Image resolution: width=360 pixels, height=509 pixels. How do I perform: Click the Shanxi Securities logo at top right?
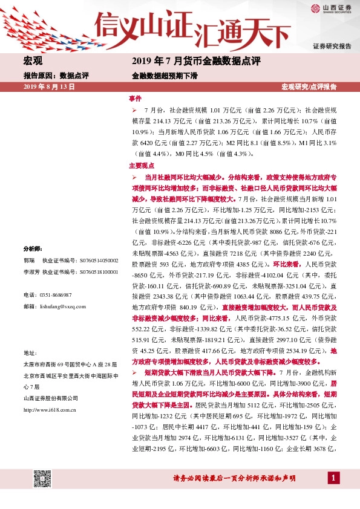(x=330, y=8)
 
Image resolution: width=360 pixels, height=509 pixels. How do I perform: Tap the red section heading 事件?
(x=135, y=98)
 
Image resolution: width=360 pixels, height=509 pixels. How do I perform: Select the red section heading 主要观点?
(x=141, y=165)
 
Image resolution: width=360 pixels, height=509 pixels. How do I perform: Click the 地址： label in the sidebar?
(x=30, y=352)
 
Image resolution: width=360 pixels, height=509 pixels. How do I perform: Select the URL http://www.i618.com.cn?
(x=49, y=410)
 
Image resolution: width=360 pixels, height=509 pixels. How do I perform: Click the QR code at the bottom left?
(x=41, y=478)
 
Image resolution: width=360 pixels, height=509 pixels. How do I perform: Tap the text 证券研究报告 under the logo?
(x=332, y=47)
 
